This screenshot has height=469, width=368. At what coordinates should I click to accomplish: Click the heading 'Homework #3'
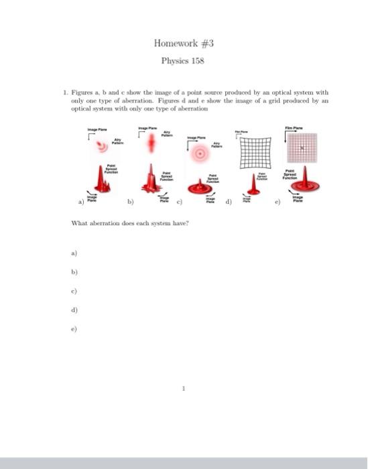click(183, 44)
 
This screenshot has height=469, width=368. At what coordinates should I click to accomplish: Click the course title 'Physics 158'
click(183, 61)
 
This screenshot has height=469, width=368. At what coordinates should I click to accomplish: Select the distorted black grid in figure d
click(255, 155)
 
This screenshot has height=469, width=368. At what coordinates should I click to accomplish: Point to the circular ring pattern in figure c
click(199, 154)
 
